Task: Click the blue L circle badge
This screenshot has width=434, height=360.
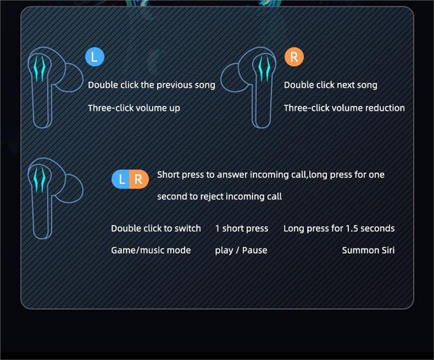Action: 94,57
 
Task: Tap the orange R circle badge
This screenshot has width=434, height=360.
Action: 294,57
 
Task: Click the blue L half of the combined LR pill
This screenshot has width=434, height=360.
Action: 121,179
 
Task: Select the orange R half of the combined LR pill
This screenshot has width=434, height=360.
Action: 139,179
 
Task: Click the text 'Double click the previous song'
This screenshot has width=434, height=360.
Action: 151,85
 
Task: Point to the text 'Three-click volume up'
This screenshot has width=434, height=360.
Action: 134,108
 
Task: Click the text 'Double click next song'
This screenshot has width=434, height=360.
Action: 330,85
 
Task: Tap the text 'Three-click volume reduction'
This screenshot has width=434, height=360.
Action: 344,108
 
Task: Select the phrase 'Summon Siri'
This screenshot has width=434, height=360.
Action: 368,250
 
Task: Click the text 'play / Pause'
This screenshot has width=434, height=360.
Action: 241,250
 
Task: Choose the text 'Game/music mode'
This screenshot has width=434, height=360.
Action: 151,250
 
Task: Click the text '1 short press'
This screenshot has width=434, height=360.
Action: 241,229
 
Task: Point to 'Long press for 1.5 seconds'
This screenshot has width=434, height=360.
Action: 339,229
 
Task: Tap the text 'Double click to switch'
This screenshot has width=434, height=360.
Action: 156,229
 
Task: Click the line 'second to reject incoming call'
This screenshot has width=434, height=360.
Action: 220,196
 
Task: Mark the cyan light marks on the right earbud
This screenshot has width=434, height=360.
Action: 264,68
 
